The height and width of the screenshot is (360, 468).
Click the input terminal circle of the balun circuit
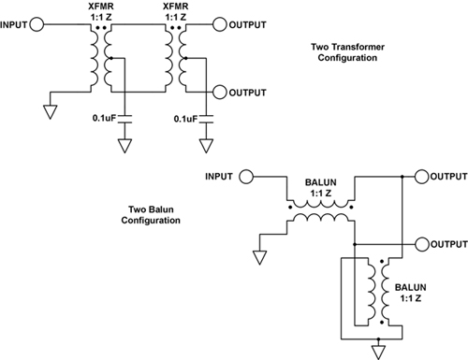[x=245, y=176]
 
